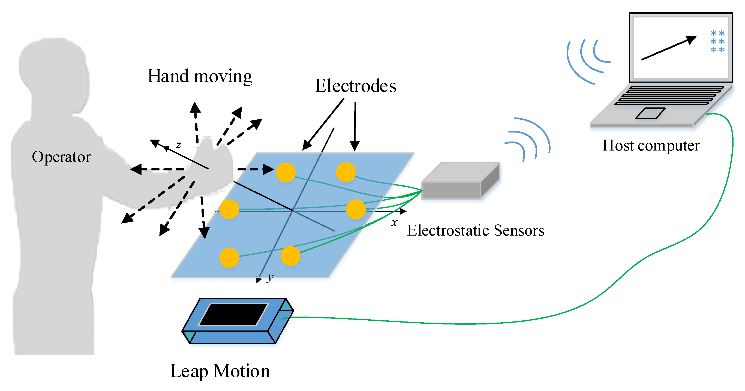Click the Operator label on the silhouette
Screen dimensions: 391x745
tap(61, 157)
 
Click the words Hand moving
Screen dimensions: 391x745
tap(200, 77)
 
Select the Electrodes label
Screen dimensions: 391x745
tap(355, 86)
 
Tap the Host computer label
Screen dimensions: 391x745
tap(651, 146)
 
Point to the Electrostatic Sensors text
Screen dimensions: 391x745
tap(476, 230)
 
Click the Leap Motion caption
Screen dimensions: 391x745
tap(220, 371)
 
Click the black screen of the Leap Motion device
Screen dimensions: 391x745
tap(233, 314)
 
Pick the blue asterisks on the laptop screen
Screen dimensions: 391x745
tap(717, 42)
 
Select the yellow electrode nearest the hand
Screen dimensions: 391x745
tap(286, 172)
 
